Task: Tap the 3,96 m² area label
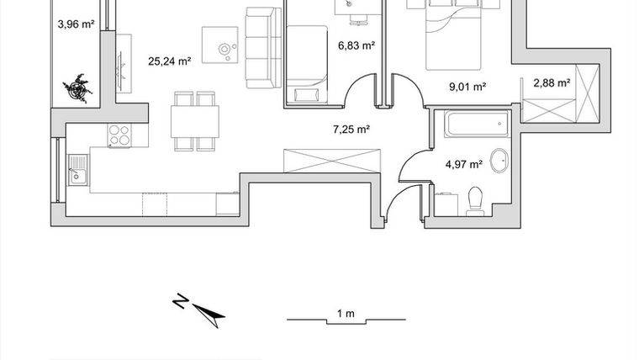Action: point(74,24)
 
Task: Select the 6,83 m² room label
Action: point(356,47)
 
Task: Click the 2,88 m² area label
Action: point(552,82)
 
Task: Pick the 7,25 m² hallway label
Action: point(351,130)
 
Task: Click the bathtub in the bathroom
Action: point(469,127)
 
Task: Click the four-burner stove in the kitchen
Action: point(119,135)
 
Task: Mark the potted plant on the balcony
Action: point(82,87)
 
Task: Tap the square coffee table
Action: point(220,45)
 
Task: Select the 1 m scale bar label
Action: point(345,313)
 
